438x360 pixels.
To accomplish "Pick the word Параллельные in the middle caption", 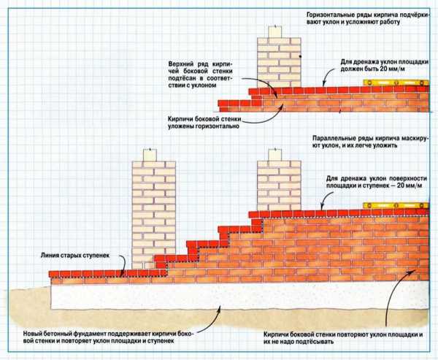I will [x=332, y=137].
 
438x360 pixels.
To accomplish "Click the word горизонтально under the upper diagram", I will [x=209, y=125].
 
